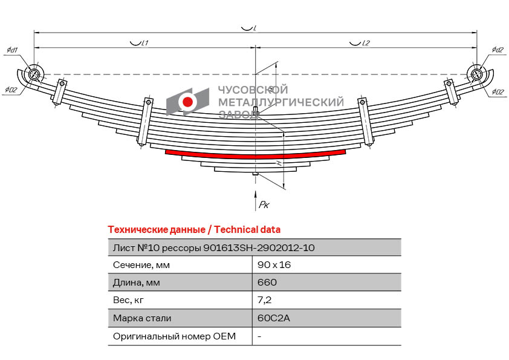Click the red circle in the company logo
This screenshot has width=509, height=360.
188,102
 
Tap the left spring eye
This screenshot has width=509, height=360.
34,74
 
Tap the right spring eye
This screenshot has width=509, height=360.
476,74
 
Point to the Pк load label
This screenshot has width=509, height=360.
264,205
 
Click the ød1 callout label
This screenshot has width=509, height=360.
12,50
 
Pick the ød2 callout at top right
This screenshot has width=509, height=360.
498,50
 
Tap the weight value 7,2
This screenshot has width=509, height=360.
264,300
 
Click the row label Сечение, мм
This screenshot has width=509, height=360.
141,265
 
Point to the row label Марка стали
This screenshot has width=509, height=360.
142,318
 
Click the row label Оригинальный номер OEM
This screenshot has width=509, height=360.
174,336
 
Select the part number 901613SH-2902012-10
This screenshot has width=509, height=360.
259,247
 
